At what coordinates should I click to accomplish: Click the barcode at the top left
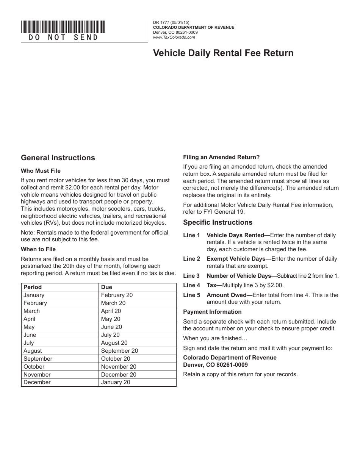tap(63, 27)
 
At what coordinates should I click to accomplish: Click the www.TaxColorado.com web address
tap(174, 37)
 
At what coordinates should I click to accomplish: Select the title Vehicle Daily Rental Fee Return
tap(223, 53)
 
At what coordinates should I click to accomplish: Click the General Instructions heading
tap(58, 158)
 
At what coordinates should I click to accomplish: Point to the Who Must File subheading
tap(41, 171)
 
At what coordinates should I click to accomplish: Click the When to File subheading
tap(38, 249)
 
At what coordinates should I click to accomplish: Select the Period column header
tap(33, 287)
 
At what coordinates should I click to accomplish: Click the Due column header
tap(106, 287)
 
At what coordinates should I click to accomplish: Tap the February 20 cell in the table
tap(117, 295)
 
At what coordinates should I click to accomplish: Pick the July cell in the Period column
tap(29, 343)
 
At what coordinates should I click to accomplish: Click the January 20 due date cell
tap(116, 382)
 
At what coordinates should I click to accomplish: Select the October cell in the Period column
tap(34, 367)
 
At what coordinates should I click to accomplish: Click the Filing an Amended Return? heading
tap(221, 157)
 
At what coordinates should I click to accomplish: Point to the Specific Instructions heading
tap(218, 222)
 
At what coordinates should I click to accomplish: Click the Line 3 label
tap(191, 276)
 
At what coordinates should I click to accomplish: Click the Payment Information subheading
tap(212, 312)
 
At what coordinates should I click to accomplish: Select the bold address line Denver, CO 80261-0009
tap(215, 365)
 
